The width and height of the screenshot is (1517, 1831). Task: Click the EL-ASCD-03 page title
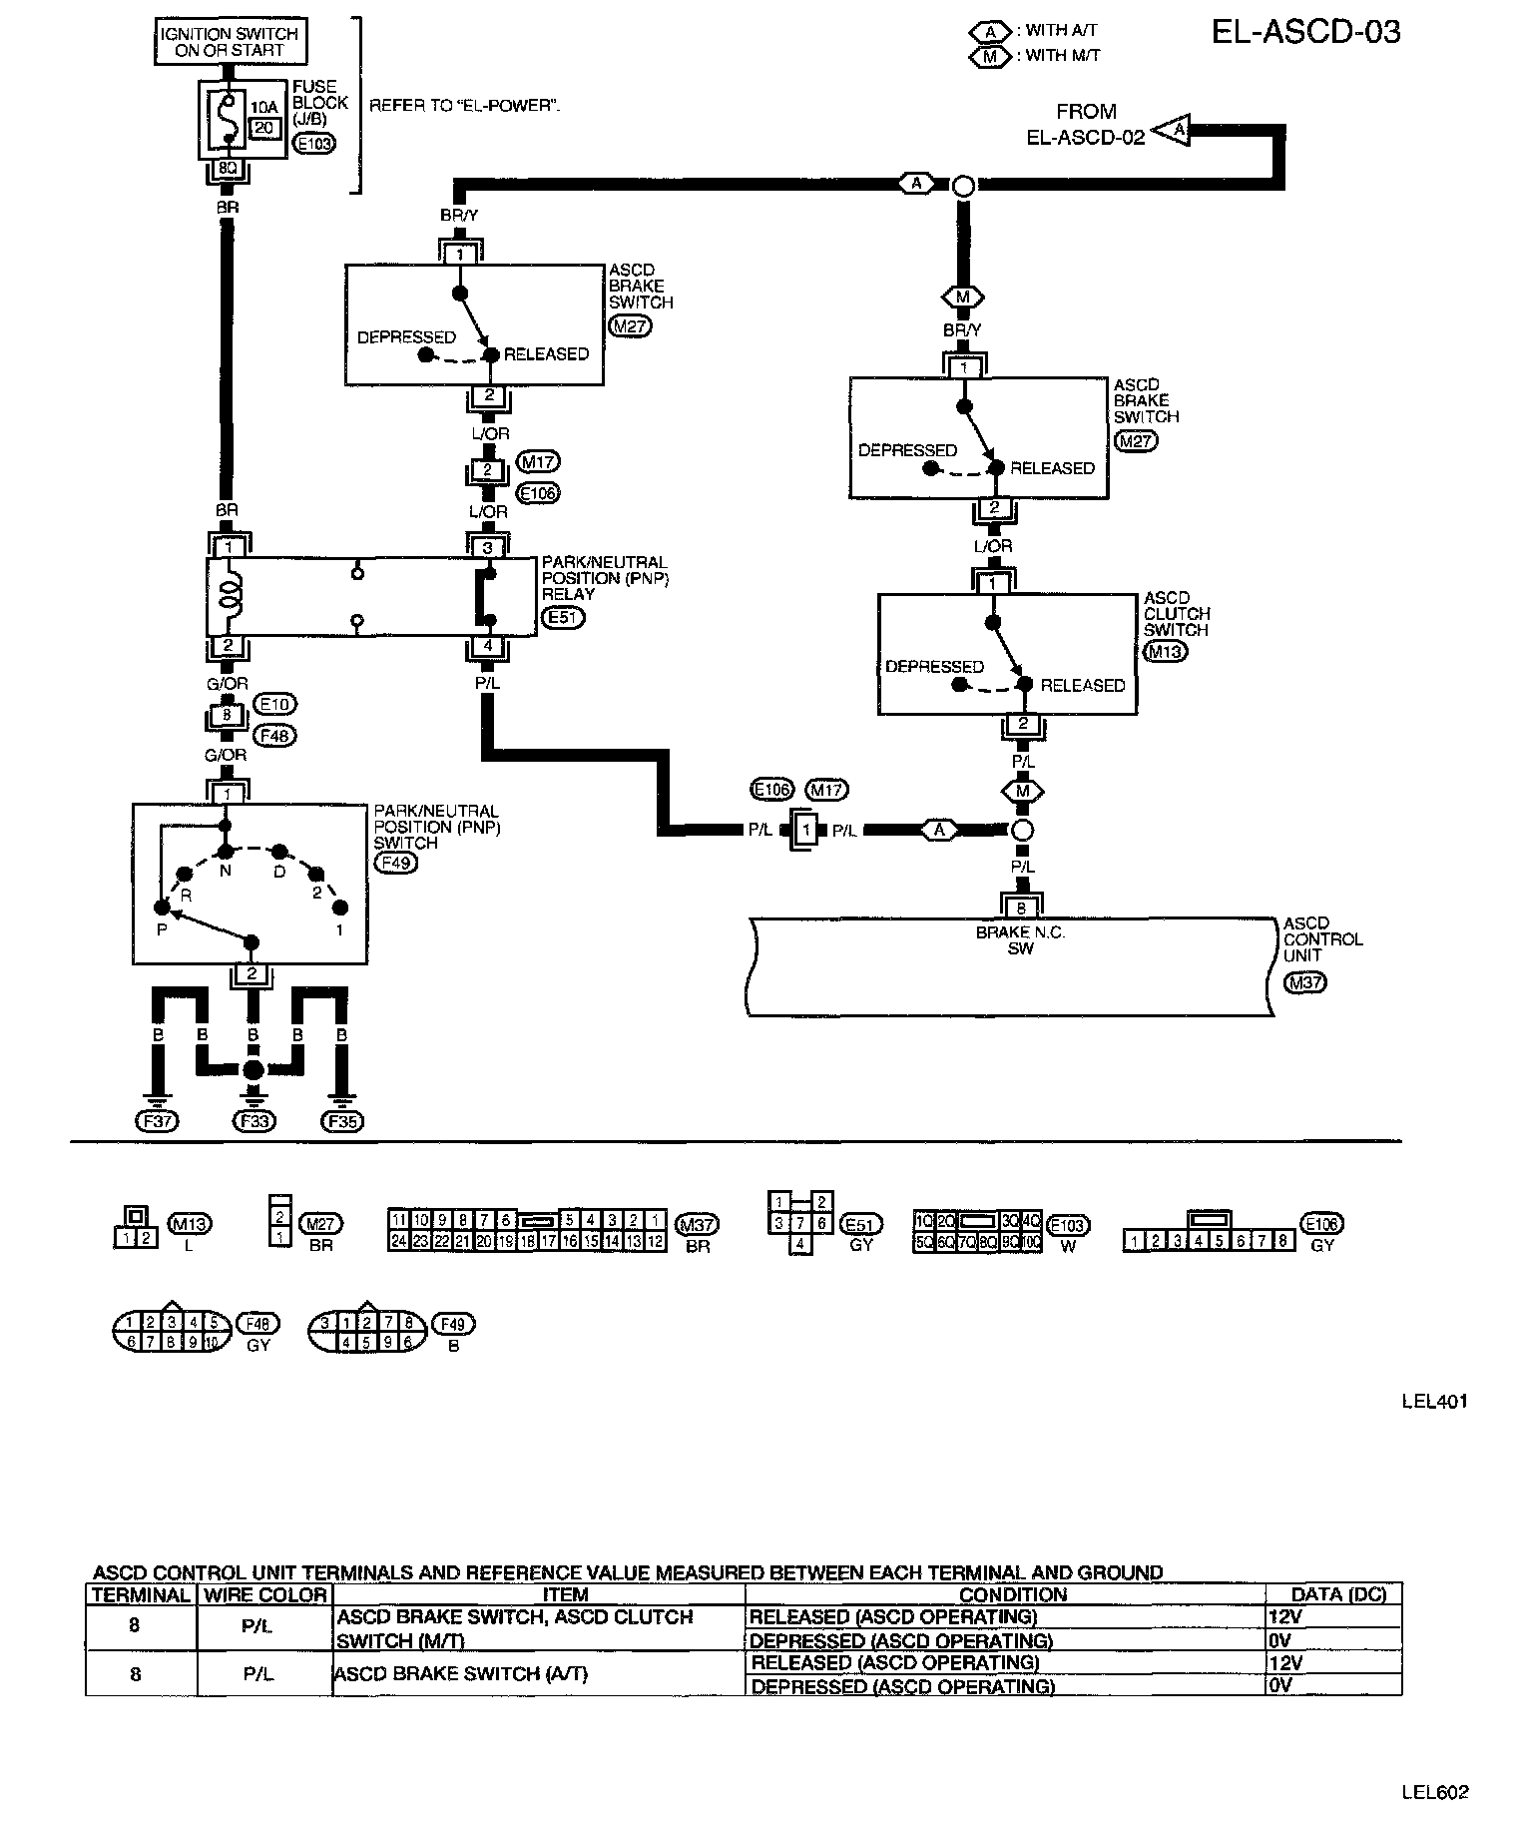[x=1305, y=32]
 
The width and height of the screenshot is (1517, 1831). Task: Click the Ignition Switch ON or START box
[x=230, y=42]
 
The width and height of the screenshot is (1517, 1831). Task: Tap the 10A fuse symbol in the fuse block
[x=229, y=119]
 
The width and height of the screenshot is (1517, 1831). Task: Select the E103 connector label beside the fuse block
[x=316, y=144]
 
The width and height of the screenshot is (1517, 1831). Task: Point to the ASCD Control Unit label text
[x=1321, y=939]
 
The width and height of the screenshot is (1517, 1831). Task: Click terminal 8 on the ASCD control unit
[x=1021, y=909]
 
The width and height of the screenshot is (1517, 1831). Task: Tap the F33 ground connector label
[x=253, y=1121]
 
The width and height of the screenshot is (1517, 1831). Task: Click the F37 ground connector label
[x=157, y=1121]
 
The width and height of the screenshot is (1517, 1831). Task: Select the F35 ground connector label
[x=342, y=1121]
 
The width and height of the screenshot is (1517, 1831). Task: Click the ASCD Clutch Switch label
[x=1176, y=614]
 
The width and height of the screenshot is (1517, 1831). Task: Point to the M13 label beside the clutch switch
[x=1165, y=652]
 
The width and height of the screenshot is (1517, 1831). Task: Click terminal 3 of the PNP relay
[x=488, y=547]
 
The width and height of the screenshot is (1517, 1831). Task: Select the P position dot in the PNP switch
[x=161, y=908]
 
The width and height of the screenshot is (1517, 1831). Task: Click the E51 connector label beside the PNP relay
[x=563, y=618]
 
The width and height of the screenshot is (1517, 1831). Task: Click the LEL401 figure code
[x=1434, y=1402]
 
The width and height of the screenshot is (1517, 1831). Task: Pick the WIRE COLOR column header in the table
[x=264, y=1594]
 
